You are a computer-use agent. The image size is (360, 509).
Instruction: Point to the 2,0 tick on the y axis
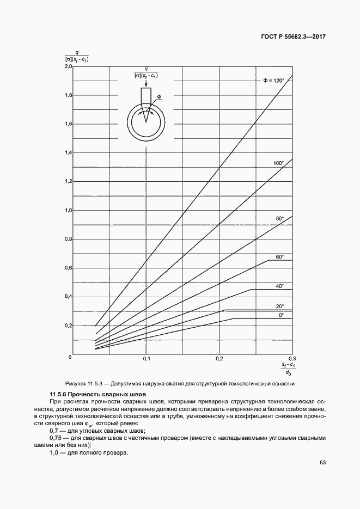click(68, 66)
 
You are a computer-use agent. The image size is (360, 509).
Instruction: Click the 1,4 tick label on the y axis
click(68, 153)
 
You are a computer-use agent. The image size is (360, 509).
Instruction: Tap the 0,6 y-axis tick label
click(68, 268)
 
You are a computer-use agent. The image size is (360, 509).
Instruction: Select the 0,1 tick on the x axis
click(147, 359)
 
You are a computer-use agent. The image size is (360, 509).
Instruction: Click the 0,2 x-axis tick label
click(220, 359)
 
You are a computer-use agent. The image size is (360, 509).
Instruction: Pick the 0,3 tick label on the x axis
click(292, 359)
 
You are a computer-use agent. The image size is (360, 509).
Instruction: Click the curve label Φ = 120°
click(274, 81)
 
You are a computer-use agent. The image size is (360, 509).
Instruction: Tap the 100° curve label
click(279, 163)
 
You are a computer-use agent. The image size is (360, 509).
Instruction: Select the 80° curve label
click(280, 218)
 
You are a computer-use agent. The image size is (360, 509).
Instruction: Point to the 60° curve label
click(280, 256)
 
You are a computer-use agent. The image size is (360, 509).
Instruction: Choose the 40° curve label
click(280, 286)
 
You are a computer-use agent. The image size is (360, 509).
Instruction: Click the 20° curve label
click(280, 306)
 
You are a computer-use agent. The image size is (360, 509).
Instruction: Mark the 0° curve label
click(281, 315)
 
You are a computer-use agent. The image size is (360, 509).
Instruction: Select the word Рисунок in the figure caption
click(76, 383)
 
